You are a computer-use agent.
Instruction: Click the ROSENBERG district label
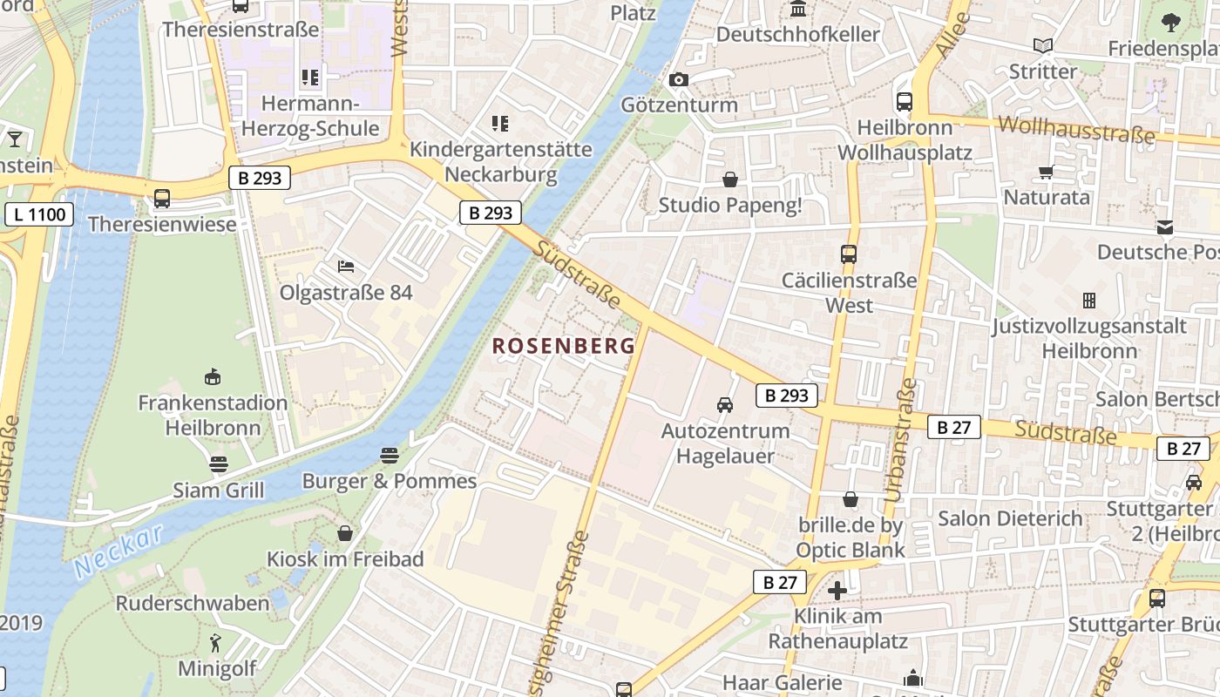[564, 346]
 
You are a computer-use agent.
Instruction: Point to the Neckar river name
[119, 551]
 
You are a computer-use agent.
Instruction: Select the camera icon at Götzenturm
[678, 80]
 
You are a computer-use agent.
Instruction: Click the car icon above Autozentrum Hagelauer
[724, 405]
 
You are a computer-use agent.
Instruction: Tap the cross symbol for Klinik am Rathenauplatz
[837, 591]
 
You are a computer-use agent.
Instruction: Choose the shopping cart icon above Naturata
[1046, 172]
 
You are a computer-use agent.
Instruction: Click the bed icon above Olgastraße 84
[346, 266]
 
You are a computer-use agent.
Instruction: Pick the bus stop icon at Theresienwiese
[162, 199]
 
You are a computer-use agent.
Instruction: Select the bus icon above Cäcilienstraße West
[848, 254]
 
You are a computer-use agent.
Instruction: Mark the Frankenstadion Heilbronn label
[213, 416]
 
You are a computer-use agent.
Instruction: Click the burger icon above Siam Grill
[218, 464]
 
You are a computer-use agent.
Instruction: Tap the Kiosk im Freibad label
[345, 559]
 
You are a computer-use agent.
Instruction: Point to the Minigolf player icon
[215, 644]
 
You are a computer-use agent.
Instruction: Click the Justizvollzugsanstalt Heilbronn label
[1089, 339]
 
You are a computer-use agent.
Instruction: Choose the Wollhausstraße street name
[1076, 130]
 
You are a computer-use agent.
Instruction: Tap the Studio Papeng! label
[730, 206]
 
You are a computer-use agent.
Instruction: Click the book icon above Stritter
[1042, 46]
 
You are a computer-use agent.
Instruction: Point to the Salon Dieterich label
[1010, 519]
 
